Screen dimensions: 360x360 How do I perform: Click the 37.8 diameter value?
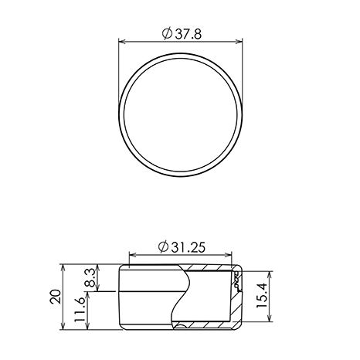pos(188,34)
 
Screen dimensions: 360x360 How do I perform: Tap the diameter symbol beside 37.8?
pos(167,34)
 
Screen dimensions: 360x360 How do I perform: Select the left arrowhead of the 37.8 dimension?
pos(122,42)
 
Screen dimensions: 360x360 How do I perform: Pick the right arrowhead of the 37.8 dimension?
pos(239,42)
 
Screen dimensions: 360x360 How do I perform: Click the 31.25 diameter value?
pos(188,247)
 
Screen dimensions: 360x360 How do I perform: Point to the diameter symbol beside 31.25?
pos(163,247)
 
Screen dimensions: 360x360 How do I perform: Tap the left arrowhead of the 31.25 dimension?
pos(132,255)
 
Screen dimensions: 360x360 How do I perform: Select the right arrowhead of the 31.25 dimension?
pos(229,255)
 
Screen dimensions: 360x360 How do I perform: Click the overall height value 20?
pos(56,297)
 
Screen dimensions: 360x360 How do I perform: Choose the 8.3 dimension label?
pos(90,278)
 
